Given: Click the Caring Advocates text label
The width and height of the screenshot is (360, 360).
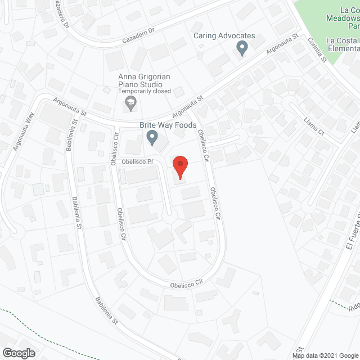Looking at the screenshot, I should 224,36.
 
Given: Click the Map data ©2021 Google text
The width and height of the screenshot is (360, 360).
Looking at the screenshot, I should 325,355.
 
